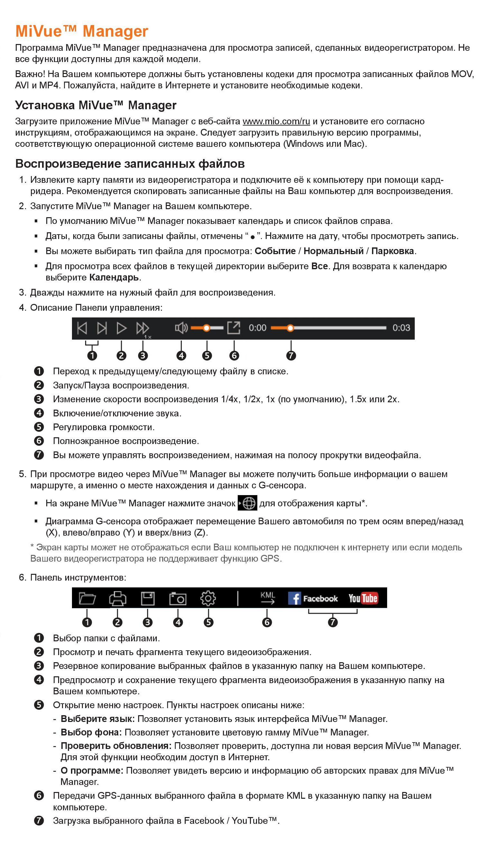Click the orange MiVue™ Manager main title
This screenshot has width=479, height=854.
[82, 31]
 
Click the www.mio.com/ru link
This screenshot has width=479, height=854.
[276, 121]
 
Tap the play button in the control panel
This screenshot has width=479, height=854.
[121, 328]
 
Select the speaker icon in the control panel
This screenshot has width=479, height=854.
[181, 328]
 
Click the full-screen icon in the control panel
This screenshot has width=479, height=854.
[234, 327]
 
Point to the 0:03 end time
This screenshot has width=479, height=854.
[401, 328]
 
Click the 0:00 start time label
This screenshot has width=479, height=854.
[258, 328]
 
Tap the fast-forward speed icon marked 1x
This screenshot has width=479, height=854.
[143, 329]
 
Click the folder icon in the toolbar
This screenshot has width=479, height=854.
[87, 598]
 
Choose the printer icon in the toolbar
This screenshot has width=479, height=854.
[117, 598]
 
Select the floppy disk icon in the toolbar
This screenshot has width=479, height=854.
[147, 598]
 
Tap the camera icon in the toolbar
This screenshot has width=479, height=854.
[178, 599]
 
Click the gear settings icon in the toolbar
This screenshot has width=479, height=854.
[208, 598]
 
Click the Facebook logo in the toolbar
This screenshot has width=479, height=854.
[313, 598]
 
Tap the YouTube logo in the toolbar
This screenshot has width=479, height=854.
[363, 598]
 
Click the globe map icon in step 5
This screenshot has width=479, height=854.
[248, 503]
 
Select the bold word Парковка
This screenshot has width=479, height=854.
[393, 251]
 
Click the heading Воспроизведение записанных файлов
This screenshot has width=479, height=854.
[130, 164]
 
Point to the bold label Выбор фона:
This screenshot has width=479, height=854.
[91, 732]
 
